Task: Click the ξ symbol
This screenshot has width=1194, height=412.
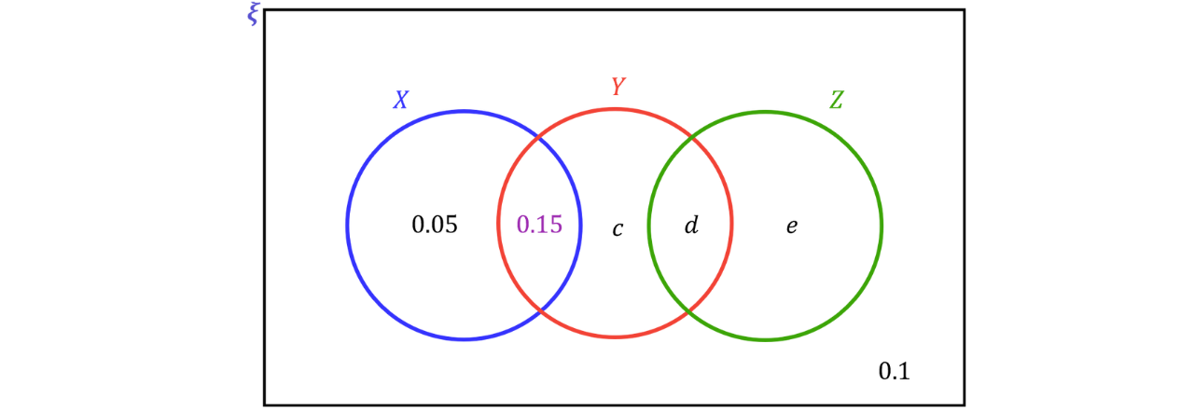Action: coord(253,15)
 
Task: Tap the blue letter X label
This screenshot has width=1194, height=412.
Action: coord(400,100)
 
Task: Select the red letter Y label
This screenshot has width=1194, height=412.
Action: coord(618,86)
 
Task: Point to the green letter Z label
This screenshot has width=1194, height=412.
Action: coord(836,100)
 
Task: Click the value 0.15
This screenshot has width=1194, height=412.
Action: coord(539,224)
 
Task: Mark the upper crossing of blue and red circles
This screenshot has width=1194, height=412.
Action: coord(540,140)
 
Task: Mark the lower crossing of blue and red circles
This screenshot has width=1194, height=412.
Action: coord(540,309)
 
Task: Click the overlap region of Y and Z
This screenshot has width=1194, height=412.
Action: coord(690,224)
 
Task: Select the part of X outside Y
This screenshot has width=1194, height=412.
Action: coord(420,224)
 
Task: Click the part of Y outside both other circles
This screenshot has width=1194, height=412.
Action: coord(615,224)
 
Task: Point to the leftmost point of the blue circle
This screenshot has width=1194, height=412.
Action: coord(346,225)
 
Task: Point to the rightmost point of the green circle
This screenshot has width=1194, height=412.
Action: coord(882,224)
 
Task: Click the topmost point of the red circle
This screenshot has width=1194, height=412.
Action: coord(615,108)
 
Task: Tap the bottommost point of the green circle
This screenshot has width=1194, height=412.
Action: coord(765,339)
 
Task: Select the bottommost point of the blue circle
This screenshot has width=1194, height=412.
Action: coord(464,338)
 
